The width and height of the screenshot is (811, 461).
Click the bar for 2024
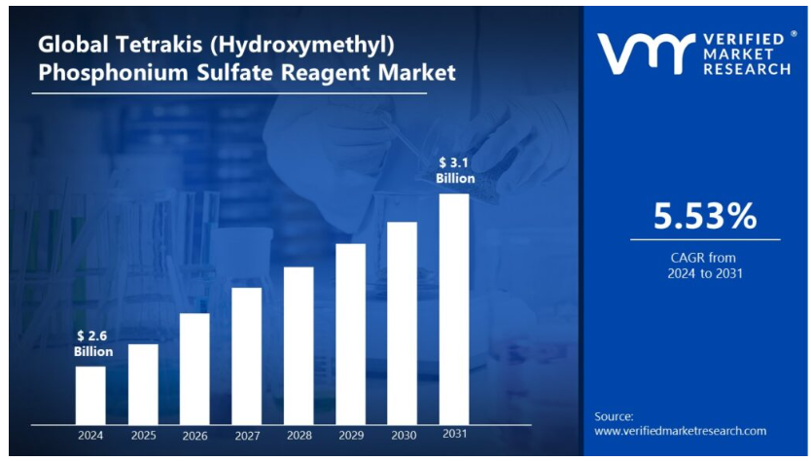tap(90, 395)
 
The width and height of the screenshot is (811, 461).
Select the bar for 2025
tap(143, 384)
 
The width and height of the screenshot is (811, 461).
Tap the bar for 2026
tap(194, 369)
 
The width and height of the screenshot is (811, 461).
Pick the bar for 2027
tap(247, 356)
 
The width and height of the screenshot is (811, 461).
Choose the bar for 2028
tap(299, 345)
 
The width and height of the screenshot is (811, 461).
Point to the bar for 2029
tap(351, 334)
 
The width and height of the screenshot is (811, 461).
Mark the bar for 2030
tap(403, 323)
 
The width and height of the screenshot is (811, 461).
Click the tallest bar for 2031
tap(454, 308)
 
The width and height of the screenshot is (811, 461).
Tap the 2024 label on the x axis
tap(90, 435)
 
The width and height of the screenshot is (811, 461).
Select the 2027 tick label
tap(247, 435)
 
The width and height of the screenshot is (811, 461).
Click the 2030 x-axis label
tap(403, 435)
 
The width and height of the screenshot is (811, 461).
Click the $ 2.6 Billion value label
tap(93, 343)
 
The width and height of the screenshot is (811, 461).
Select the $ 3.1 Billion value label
tap(455, 171)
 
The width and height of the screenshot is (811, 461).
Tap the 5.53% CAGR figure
tap(704, 217)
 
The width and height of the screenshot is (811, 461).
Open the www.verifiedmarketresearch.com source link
tap(680, 431)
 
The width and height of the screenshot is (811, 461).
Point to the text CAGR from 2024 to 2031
tap(704, 266)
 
